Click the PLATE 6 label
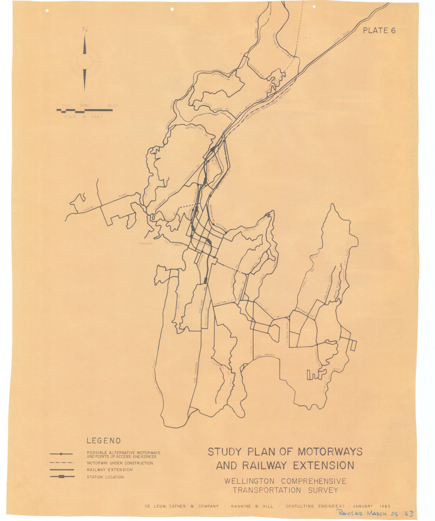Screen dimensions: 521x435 (379, 31)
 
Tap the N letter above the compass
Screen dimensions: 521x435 (85, 29)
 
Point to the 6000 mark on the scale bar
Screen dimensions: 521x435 (112, 106)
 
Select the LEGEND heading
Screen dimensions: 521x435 (104, 441)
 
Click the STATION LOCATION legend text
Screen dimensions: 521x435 (105, 477)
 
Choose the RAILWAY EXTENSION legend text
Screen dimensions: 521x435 (110, 470)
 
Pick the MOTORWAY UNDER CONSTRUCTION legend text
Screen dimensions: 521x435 (120, 463)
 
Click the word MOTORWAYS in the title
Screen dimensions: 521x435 (330, 452)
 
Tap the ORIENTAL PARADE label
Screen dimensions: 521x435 (255, 225)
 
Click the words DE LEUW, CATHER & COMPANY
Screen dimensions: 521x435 (181, 507)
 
